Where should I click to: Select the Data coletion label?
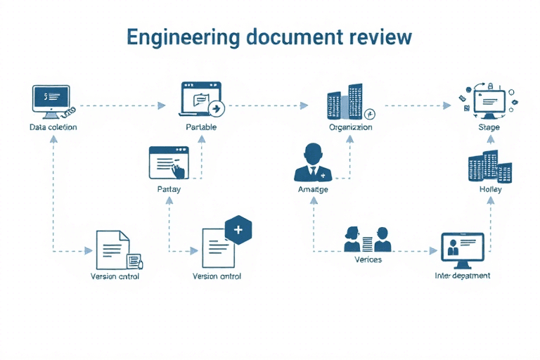click(x=53, y=127)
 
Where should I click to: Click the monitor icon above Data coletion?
click(x=51, y=99)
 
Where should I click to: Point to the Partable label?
click(x=201, y=127)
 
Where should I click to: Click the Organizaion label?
click(x=350, y=127)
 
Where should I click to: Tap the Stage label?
click(x=489, y=127)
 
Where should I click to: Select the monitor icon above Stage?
click(x=489, y=103)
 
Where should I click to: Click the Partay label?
click(x=169, y=190)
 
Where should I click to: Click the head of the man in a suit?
click(x=314, y=153)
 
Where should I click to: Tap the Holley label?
click(x=490, y=190)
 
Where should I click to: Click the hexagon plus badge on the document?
click(x=238, y=230)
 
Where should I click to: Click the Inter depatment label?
click(x=463, y=276)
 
